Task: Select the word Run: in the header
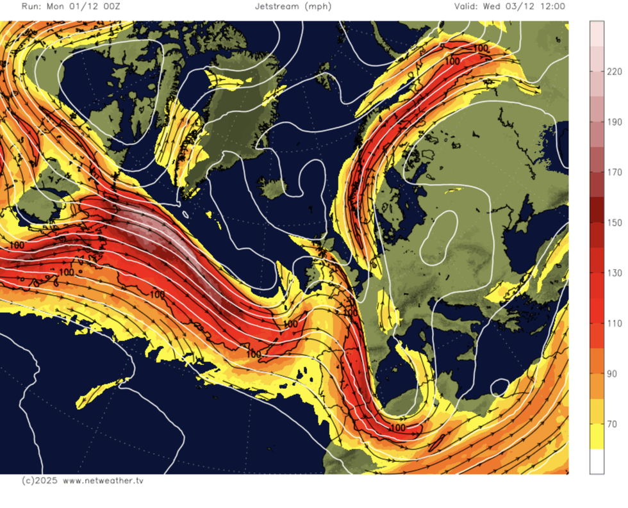[x=33, y=6]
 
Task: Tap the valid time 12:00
[x=551, y=6]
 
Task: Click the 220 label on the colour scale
[x=615, y=72]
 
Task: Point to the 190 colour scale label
[x=615, y=122]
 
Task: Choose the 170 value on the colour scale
[x=615, y=172]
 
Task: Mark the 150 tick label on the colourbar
[x=615, y=223]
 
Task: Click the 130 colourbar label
[x=615, y=273]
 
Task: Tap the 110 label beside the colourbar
[x=615, y=324]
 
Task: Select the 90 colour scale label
[x=612, y=373]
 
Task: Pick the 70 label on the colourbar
[x=612, y=424]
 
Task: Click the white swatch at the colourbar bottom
[x=596, y=461]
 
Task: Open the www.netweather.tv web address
[x=103, y=480]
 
